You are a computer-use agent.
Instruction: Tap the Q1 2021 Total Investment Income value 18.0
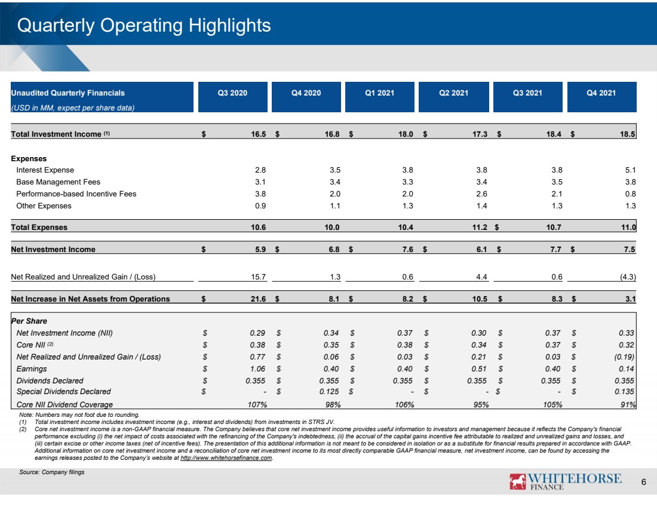[x=406, y=134]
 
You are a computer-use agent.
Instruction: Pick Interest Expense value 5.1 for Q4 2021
[x=630, y=170]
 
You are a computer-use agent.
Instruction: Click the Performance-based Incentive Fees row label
[x=76, y=194]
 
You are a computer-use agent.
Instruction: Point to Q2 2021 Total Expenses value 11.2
[x=480, y=227]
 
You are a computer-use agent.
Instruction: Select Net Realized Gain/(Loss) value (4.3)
[x=628, y=277]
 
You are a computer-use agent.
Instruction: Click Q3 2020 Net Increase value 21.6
[x=258, y=299]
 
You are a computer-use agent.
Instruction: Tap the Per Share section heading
[x=29, y=321]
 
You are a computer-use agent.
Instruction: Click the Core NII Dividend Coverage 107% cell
[x=257, y=405]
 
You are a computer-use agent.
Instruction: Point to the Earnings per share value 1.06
[x=257, y=368]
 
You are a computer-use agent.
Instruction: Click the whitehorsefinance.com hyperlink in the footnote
[x=226, y=458]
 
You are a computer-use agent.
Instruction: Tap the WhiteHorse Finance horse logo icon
[x=517, y=481]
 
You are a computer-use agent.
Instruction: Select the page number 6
[x=644, y=482]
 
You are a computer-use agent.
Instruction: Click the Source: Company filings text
[x=51, y=472]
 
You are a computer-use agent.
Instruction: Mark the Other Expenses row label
[x=44, y=206]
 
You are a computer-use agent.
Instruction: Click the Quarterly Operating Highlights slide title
[x=144, y=26]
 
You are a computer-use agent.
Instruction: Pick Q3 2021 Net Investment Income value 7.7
[x=555, y=249]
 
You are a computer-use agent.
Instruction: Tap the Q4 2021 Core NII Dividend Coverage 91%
[x=628, y=405]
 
